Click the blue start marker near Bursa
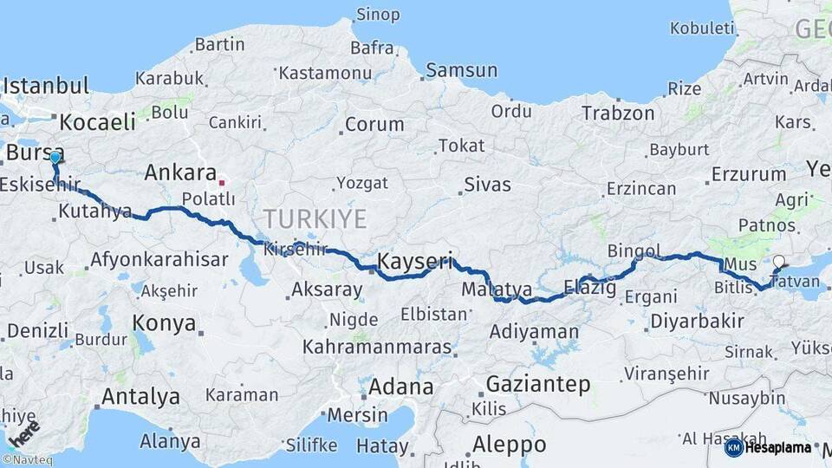55,158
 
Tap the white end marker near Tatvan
778,261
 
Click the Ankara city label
179,172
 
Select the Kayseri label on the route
415,259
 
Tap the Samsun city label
461,70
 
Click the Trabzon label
618,113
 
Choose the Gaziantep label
538,383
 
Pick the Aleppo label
510,445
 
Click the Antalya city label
140,397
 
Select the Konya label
164,323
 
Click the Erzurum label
748,174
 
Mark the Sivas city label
487,184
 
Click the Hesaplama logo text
778,447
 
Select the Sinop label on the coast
379,15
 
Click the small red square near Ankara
222,183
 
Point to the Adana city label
400,386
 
